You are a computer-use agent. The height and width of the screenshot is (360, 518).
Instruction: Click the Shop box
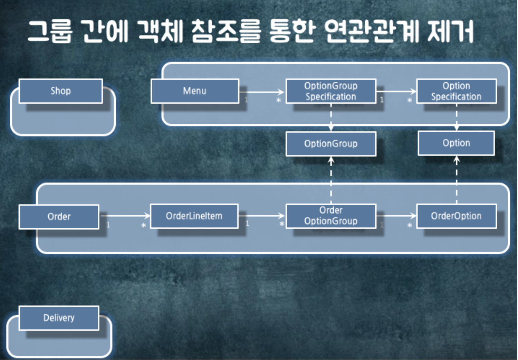61,91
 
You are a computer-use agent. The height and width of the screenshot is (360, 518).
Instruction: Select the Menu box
195,91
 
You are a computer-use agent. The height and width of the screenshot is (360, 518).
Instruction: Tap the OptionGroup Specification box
331,91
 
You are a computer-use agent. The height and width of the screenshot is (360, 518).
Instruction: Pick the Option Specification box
456,91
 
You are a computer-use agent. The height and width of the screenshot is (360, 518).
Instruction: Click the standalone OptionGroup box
331,143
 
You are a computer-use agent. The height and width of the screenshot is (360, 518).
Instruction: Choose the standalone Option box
456,143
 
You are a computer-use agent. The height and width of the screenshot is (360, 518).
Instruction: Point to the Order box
59,217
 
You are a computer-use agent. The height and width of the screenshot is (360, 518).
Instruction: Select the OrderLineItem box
194,216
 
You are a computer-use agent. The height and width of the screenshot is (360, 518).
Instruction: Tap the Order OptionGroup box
331,216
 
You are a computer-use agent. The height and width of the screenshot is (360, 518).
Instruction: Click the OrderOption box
456,216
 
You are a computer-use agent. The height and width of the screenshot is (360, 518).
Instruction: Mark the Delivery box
59,318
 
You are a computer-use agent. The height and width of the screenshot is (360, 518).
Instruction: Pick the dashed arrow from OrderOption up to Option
457,180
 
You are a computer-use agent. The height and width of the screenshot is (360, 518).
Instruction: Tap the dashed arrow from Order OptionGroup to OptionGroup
331,180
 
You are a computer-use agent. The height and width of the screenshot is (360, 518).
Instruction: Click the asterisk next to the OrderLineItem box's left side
144,226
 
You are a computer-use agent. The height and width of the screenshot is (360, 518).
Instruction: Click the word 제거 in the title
450,31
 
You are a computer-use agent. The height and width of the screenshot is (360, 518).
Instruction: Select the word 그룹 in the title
50,31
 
